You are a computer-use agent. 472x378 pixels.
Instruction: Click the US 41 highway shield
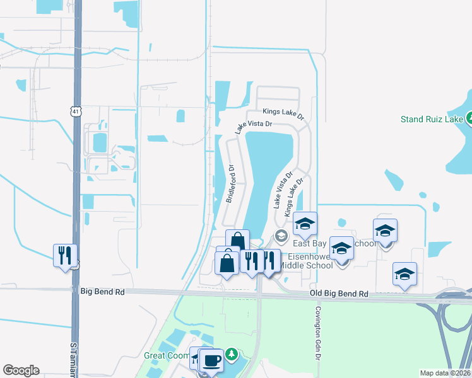[x=76, y=112]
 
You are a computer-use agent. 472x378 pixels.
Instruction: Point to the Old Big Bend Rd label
[x=338, y=294]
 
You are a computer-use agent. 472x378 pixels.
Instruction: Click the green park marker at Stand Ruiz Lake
[x=469, y=118]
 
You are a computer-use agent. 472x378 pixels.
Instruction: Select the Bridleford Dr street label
[x=230, y=183]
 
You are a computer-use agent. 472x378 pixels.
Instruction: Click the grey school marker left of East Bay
[x=281, y=236]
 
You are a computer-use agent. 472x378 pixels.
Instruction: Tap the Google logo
[x=21, y=370]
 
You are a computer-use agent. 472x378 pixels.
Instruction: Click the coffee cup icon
[x=212, y=360]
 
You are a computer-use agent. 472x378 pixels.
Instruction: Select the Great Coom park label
[x=167, y=355]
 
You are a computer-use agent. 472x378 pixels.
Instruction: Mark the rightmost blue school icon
[x=404, y=274]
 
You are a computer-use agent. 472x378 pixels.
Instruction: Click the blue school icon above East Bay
[x=305, y=224]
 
